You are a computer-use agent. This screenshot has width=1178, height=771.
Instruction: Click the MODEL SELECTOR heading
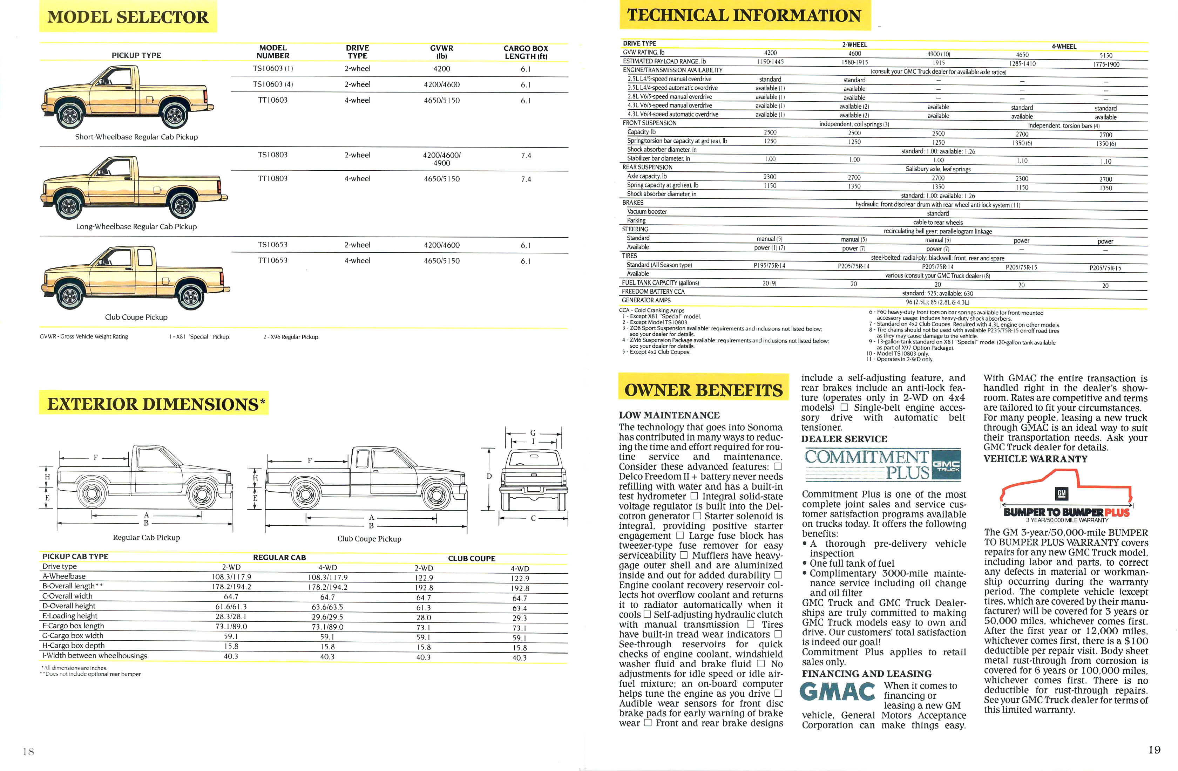click(128, 17)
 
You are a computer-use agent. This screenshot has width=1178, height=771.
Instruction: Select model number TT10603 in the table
click(273, 100)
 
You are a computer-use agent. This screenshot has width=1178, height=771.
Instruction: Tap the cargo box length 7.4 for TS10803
click(526, 155)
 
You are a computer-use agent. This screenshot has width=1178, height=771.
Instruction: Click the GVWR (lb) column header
click(441, 52)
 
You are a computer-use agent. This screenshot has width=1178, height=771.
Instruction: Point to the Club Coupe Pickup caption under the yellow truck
click(136, 317)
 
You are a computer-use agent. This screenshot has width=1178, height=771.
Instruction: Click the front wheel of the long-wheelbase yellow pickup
click(70, 205)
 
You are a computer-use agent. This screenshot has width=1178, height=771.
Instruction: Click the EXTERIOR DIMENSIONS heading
click(154, 404)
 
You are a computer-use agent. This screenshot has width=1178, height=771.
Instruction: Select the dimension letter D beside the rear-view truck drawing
click(489, 476)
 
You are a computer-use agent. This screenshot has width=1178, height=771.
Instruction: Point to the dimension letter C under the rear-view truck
click(533, 518)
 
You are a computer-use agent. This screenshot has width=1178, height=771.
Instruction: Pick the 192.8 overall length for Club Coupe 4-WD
click(520, 588)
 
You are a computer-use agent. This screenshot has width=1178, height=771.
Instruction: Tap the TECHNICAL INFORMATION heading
click(744, 16)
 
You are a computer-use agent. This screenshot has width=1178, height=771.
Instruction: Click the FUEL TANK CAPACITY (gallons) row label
click(660, 282)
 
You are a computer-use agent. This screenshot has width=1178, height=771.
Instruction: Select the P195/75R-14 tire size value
click(769, 266)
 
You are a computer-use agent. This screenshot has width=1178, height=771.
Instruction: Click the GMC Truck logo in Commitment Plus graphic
click(946, 465)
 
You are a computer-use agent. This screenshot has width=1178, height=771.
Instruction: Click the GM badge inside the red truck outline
click(1061, 493)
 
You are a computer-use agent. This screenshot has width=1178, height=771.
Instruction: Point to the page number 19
click(1154, 750)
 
